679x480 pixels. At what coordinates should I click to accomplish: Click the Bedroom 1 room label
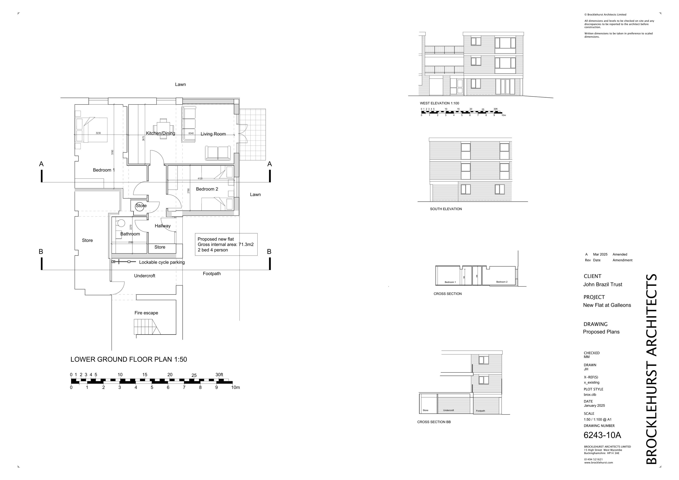tap(103, 170)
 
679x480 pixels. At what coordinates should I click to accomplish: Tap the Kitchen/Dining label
tap(160, 133)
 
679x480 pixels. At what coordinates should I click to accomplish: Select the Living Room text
tap(213, 134)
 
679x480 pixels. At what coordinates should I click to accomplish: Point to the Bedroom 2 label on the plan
tap(207, 189)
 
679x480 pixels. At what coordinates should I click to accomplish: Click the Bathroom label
tap(130, 234)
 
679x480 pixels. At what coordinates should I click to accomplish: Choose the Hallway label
tap(163, 226)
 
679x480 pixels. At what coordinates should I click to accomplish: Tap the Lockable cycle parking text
tap(162, 263)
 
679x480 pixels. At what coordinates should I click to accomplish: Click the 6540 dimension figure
tap(191, 133)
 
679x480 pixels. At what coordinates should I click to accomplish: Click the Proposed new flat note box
tap(226, 244)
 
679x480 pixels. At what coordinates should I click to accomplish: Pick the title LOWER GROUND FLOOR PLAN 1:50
tap(129, 359)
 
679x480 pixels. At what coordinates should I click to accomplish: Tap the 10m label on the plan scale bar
tap(235, 388)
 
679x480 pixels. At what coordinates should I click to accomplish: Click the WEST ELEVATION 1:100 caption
tap(440, 103)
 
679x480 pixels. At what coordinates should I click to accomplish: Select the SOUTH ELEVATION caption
tap(446, 209)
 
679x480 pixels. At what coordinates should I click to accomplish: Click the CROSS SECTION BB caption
tap(434, 422)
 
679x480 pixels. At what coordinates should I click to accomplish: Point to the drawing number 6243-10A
tap(602, 435)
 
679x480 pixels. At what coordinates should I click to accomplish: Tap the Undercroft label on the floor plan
tap(145, 276)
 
